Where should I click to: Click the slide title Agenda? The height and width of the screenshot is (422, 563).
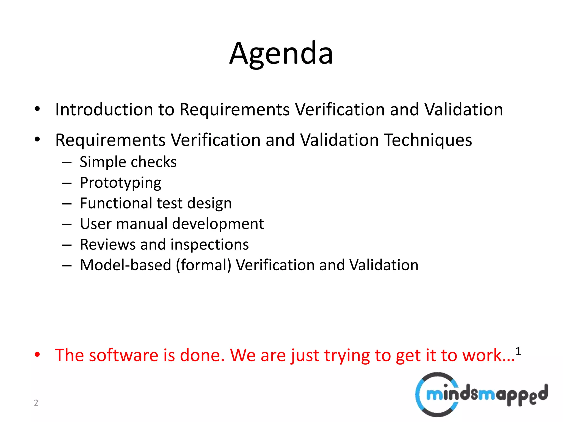coord(281,54)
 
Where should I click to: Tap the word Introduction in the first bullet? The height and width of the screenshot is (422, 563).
coord(104,109)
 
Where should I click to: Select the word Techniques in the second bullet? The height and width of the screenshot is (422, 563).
coord(428,140)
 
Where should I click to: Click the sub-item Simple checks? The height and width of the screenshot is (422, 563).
coord(128,162)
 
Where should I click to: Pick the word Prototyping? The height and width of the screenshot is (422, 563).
coord(120,183)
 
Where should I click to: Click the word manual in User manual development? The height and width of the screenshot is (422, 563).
coord(142,224)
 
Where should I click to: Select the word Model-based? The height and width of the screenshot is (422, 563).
coord(125,265)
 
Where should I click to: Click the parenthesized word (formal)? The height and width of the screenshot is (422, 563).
coord(203,265)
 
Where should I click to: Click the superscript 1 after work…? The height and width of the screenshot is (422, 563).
coord(518,351)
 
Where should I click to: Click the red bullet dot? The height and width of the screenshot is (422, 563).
coord(37,355)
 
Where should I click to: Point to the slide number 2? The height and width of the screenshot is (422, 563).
coord(36,402)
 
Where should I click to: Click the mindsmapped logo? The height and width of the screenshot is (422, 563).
coord(481,394)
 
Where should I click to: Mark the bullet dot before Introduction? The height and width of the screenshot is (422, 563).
coord(37,109)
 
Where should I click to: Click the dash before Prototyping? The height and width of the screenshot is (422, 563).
coord(67,183)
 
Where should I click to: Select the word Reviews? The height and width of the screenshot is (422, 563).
coord(107,244)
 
